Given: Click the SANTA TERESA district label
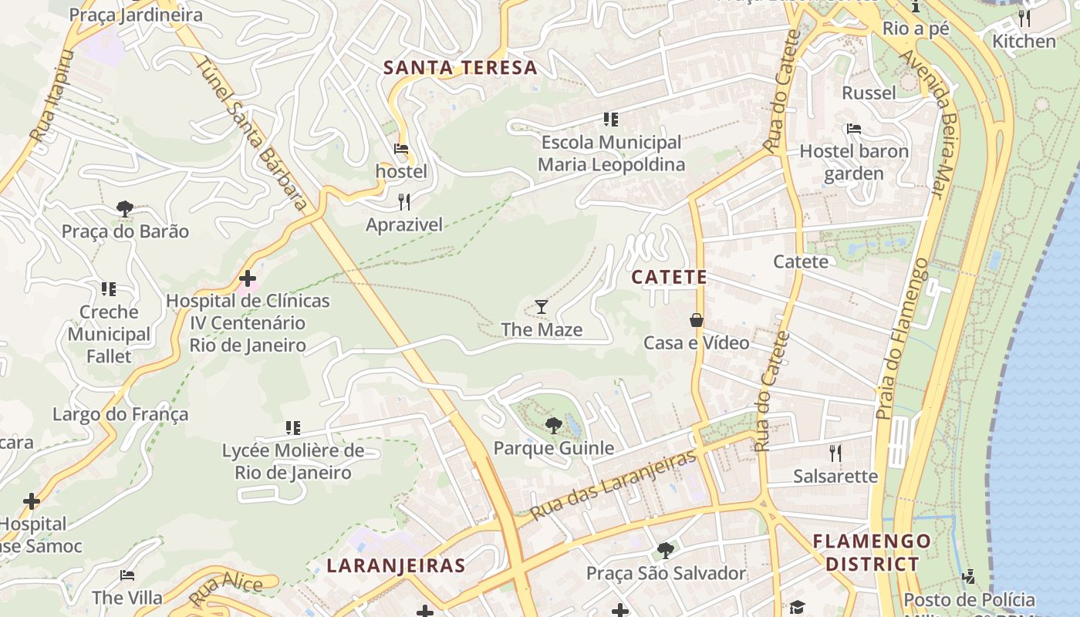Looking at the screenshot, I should pos(461,68).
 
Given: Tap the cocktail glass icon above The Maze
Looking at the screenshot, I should pos(542,307).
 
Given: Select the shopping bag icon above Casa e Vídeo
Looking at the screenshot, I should pos(697,320).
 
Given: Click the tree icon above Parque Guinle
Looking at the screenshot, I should pos(553,425).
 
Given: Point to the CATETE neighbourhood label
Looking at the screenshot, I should pos(669,278).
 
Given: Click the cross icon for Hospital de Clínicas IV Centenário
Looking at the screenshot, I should pos(248,278).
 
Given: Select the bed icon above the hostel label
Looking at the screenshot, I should pos(401,149).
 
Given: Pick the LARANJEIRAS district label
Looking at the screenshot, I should pos(396,565).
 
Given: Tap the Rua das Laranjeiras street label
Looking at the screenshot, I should pos(613,484).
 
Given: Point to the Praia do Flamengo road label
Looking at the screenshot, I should pos(903,339).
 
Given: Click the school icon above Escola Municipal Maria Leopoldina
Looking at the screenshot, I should pos(611,120).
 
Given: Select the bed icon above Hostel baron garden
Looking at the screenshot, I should pos(853,129).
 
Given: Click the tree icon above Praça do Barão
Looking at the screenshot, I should pos(125,208).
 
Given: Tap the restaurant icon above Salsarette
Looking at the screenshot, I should pos(835,453).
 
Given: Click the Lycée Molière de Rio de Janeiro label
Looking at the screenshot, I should pos(293,461).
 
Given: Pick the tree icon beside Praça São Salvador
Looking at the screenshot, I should pos(665,551).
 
